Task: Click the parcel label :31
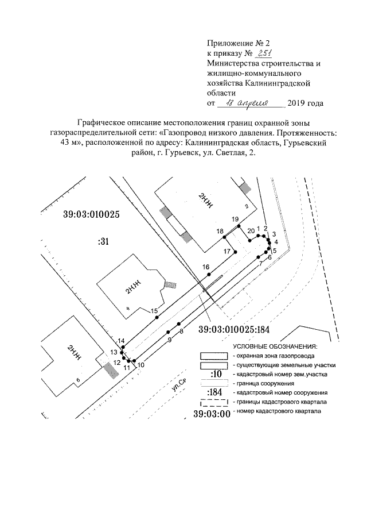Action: click(103, 242)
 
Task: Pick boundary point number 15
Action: click(157, 317)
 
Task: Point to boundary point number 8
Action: click(179, 324)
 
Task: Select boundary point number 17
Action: click(235, 252)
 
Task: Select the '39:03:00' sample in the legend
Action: click(212, 413)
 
